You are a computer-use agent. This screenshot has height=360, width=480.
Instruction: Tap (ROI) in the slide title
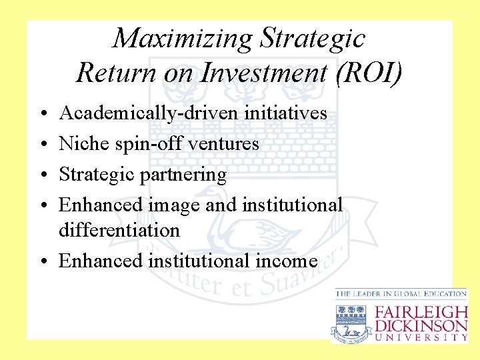(x=371, y=73)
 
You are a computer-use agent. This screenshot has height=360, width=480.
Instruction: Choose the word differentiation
(x=119, y=231)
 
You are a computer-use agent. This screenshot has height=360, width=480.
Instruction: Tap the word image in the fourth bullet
(x=174, y=205)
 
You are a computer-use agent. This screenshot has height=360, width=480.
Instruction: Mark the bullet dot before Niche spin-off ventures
(x=42, y=144)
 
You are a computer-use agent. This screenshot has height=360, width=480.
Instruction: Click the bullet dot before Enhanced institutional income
(x=42, y=261)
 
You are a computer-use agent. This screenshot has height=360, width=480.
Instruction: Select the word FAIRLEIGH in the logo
(x=421, y=311)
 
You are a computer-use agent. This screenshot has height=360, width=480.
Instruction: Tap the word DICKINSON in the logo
(x=421, y=325)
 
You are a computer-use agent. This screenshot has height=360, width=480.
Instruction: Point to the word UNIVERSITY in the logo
(x=421, y=337)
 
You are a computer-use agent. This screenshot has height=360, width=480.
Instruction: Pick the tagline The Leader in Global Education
(x=401, y=294)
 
